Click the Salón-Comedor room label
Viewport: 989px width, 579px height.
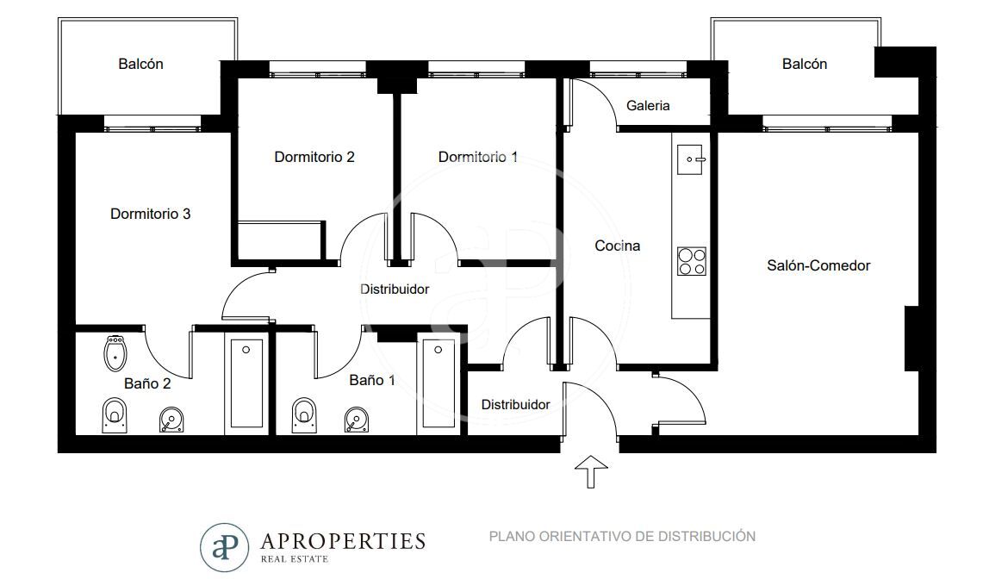pos(818,265)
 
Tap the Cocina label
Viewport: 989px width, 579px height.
pos(617,246)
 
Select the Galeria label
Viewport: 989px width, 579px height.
pos(648,105)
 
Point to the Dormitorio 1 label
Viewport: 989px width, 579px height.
pos(478,157)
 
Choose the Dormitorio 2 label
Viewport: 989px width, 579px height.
pos(314,157)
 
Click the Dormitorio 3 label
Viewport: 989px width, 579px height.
pos(150,214)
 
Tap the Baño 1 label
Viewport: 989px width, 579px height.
pos(372,380)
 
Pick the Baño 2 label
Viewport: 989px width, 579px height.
pos(147,383)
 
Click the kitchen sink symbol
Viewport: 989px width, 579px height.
pos(690,159)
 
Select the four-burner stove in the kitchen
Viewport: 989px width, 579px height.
pos(691,261)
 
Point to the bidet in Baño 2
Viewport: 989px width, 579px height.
pos(115,352)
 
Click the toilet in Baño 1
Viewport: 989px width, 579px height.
pos(304,415)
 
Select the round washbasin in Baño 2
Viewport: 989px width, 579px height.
pos(171,420)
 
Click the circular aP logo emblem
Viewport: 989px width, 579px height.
pos(225,547)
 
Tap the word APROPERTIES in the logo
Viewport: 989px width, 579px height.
pos(343,541)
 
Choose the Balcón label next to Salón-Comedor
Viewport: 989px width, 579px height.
pos(804,64)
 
